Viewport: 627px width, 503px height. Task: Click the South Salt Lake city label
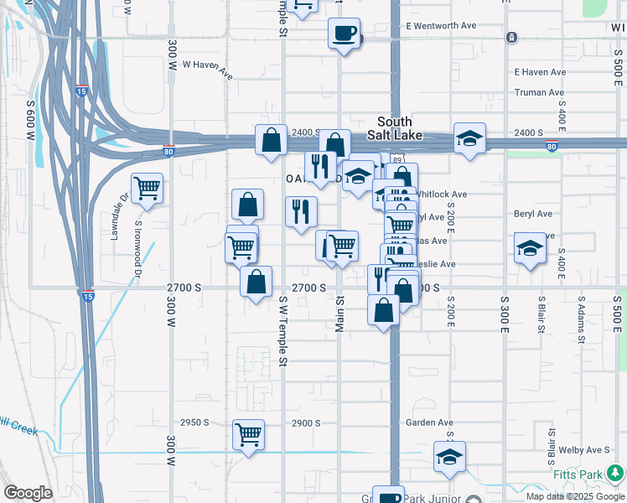(x=394, y=128)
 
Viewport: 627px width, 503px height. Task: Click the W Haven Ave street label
(x=207, y=68)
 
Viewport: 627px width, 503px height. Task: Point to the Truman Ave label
(x=540, y=92)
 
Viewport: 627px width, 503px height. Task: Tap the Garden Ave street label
(x=429, y=423)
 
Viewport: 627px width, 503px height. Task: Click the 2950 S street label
(x=194, y=423)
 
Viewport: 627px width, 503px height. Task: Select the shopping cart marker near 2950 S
(x=249, y=435)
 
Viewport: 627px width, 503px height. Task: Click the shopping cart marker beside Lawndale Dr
(x=147, y=189)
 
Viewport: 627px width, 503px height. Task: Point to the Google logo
(x=28, y=493)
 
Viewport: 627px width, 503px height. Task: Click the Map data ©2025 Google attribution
(x=575, y=496)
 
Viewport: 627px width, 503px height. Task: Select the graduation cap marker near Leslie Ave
(x=529, y=249)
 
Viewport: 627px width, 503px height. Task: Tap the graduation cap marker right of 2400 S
(x=470, y=138)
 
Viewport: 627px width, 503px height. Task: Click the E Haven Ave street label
(x=540, y=72)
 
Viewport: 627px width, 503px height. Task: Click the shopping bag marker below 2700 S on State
(x=384, y=310)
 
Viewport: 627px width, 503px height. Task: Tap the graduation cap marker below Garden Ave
(x=450, y=457)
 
